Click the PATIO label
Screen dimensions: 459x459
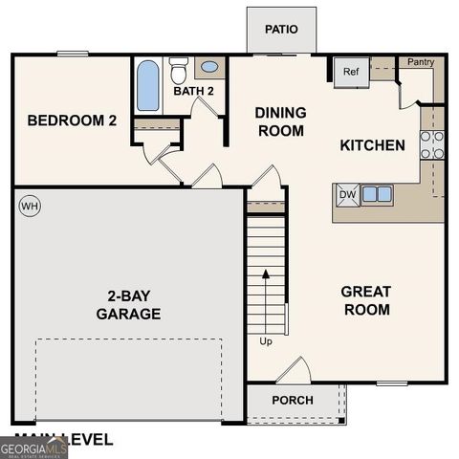click(x=281, y=29)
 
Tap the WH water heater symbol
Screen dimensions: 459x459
click(x=30, y=206)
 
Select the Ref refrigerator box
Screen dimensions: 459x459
click(x=350, y=72)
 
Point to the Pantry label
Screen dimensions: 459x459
click(x=421, y=63)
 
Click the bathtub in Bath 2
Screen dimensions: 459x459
click(x=148, y=86)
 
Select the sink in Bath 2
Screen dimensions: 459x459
click(x=209, y=69)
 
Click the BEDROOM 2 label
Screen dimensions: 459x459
click(x=72, y=120)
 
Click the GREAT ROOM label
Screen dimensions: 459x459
click(x=366, y=299)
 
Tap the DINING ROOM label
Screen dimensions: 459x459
click(x=279, y=121)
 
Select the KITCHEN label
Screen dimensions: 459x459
click(x=373, y=145)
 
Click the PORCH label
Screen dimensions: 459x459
click(x=292, y=400)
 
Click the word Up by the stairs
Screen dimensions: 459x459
click(x=265, y=340)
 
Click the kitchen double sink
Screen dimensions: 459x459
click(x=376, y=194)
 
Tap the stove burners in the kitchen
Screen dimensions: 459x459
click(x=432, y=143)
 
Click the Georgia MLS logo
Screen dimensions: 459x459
click(x=33, y=448)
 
